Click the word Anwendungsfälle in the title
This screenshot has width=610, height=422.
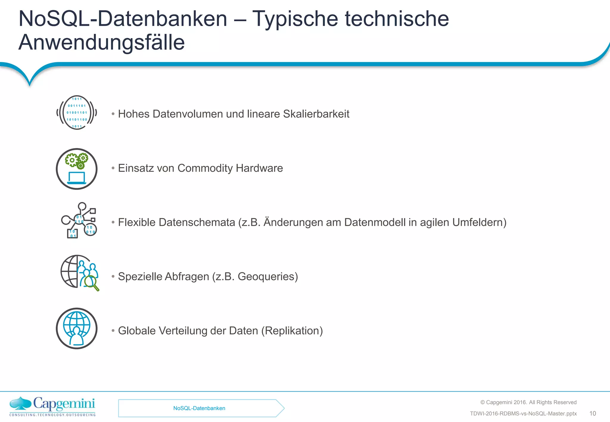click(x=102, y=43)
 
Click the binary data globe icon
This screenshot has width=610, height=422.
click(x=77, y=113)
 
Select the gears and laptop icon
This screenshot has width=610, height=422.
click(x=77, y=169)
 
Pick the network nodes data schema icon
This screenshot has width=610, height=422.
click(x=79, y=221)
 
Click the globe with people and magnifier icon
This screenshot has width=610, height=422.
click(x=79, y=272)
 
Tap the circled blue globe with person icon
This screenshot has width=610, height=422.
click(x=77, y=328)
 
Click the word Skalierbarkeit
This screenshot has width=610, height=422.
click(x=316, y=114)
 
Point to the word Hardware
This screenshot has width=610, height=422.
click(x=259, y=168)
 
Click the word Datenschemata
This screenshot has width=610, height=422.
click(x=197, y=222)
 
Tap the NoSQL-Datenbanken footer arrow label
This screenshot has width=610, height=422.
click(x=199, y=408)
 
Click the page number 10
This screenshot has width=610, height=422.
click(x=592, y=413)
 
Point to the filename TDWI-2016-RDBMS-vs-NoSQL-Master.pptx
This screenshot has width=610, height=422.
click(x=523, y=414)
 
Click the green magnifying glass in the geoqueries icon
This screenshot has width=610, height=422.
click(x=91, y=282)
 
